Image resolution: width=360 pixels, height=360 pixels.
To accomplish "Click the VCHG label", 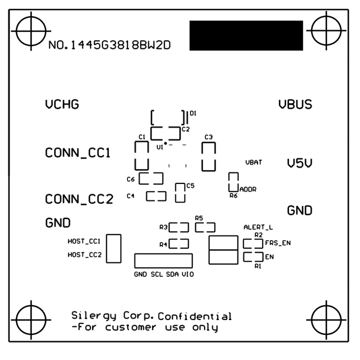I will point(62,105).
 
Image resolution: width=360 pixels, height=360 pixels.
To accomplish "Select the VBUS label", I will point(295,105).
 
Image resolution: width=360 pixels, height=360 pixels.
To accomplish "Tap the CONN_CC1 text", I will point(77,152).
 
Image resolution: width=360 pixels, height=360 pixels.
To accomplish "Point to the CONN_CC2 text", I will point(79,199).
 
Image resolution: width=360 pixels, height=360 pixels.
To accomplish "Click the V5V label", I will point(299,163).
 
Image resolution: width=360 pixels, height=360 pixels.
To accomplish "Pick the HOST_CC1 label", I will point(84,241).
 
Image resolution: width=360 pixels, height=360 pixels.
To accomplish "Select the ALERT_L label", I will point(258,227).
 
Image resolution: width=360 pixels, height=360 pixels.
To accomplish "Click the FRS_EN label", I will point(278,243).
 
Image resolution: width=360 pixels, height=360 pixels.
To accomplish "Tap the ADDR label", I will point(248,189).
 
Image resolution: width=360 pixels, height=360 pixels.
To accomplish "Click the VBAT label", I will point(254,162).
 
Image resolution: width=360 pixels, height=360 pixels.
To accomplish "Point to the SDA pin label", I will point(172,274).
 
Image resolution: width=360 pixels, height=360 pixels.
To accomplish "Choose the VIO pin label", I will point(187,274).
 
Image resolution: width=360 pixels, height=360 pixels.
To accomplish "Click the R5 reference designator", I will point(198,218).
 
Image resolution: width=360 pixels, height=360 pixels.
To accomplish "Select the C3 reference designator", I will point(208,137).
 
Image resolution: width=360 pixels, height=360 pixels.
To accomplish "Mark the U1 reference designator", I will point(159,147).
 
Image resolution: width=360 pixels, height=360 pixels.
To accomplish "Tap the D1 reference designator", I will point(192,114).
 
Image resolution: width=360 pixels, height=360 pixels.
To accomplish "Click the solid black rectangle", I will point(246,36).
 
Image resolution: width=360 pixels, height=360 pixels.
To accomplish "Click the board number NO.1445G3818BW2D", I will point(110,46).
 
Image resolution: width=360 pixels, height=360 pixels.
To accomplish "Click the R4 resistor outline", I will point(178,244).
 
